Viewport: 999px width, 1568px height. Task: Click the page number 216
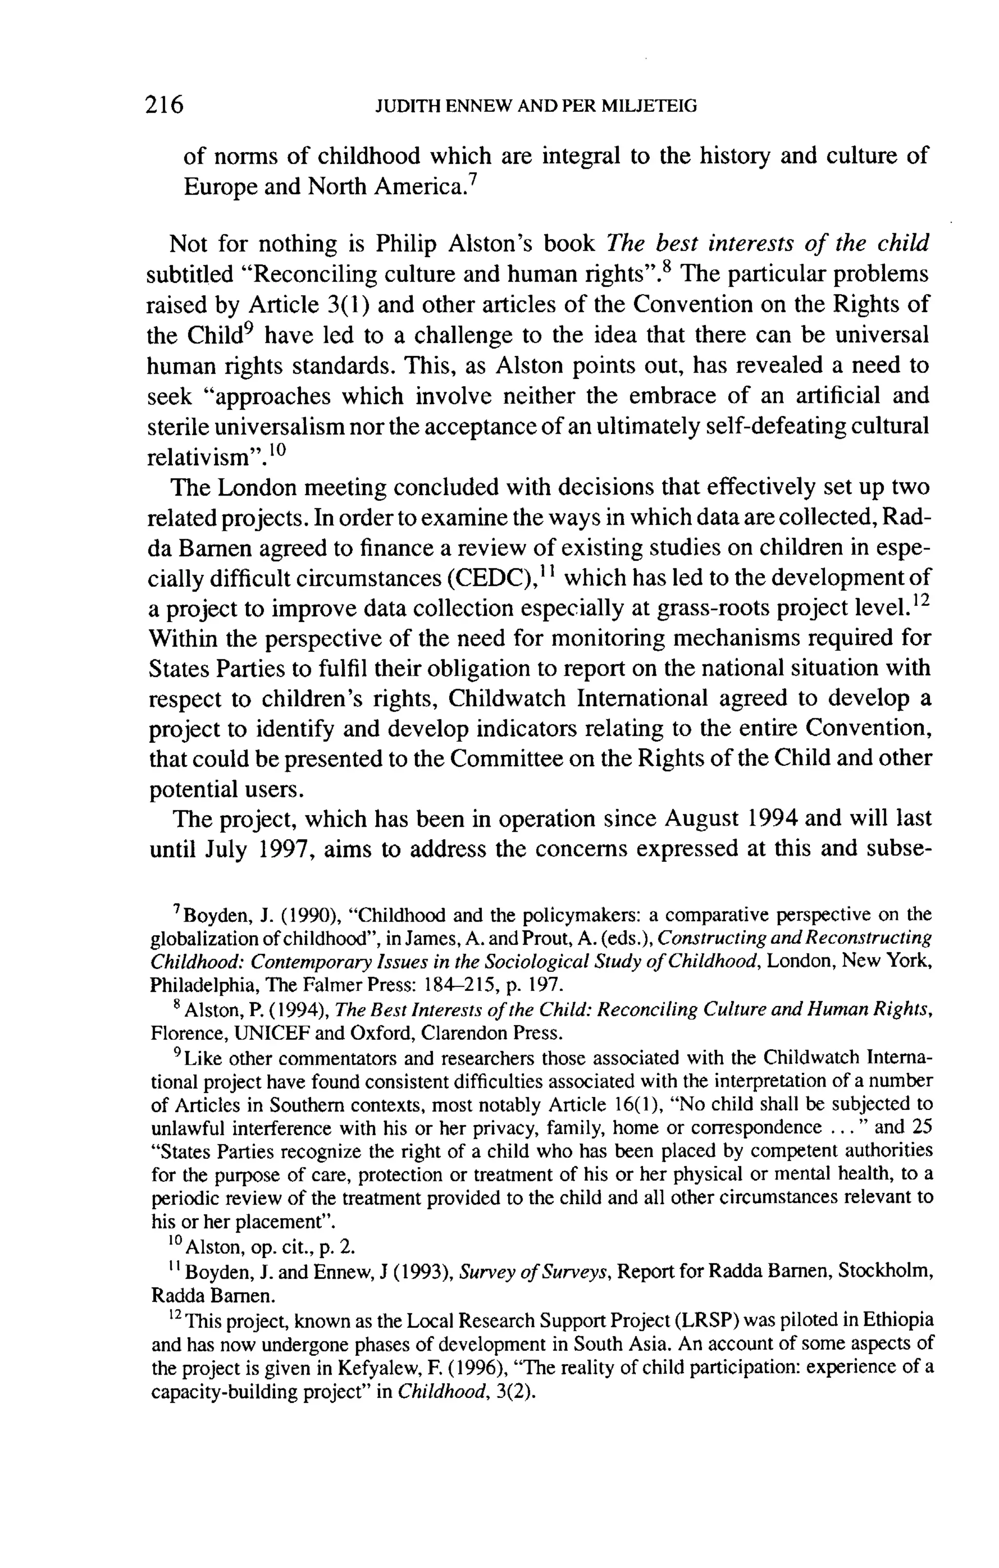point(165,105)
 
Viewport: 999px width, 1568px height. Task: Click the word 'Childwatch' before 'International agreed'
point(507,699)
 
